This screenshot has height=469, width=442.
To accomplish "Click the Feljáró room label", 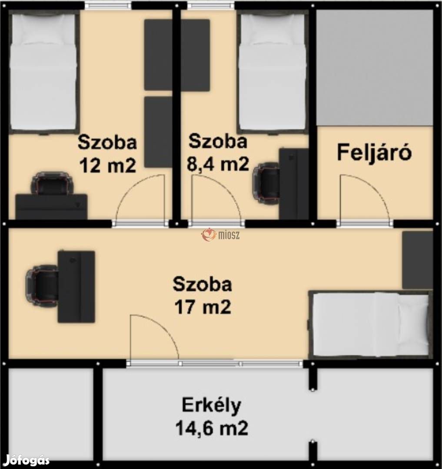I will coord(374,153).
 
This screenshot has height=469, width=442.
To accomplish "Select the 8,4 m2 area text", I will coord(218,164).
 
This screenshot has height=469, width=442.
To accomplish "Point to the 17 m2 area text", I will coord(202,307).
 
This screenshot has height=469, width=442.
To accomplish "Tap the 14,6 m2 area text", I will coord(212,429).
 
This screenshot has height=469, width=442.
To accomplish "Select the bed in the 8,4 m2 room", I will coord(272,72).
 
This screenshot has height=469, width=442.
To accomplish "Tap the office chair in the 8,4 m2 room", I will coord(266,183).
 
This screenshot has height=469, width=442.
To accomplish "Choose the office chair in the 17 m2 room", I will coord(42,285).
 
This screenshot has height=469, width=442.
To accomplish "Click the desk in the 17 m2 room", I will coord(76,286).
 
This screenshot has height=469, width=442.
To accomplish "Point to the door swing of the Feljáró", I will coord(363,198).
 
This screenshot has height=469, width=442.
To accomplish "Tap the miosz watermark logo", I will coord(221,235).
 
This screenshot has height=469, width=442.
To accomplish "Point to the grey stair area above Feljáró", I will coord(375,67).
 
